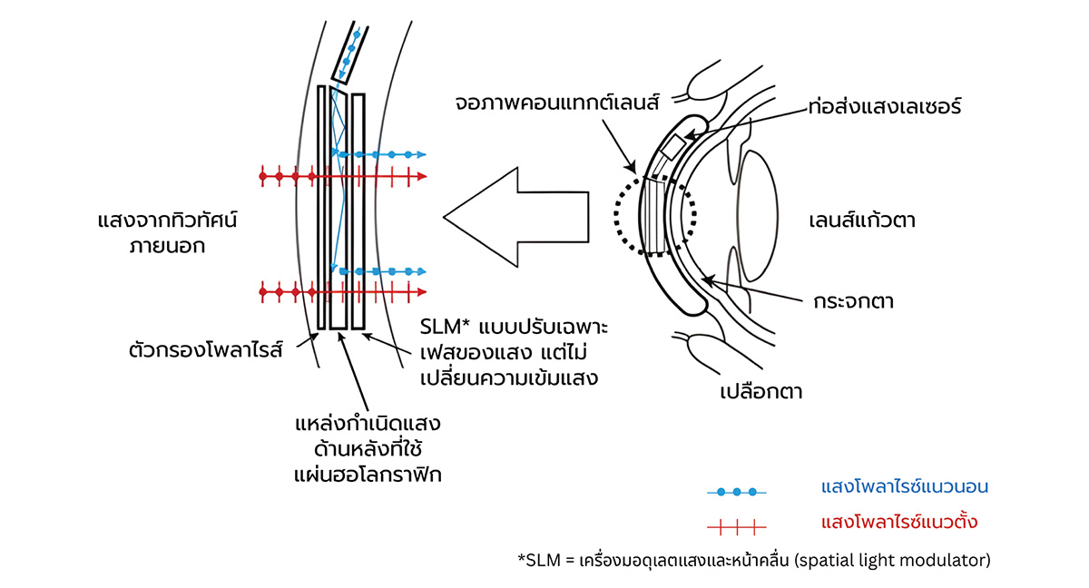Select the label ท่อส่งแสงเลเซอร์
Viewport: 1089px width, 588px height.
pos(883,106)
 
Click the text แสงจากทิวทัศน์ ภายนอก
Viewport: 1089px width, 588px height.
pos(172,232)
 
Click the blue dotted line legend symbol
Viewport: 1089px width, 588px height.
pos(737,492)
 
